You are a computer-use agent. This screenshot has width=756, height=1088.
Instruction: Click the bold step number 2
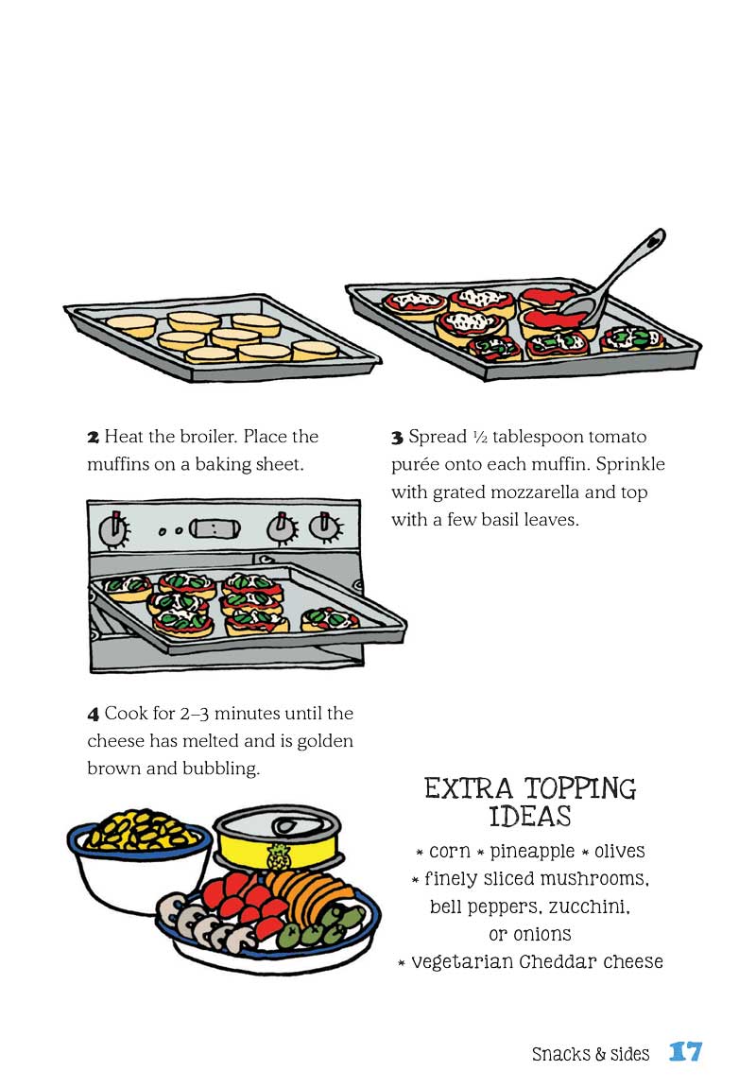coord(93,438)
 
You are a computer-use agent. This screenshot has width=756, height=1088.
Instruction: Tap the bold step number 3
coord(397,438)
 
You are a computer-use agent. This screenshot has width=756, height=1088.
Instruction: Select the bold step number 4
coord(93,714)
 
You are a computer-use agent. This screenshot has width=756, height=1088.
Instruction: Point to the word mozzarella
coord(544,492)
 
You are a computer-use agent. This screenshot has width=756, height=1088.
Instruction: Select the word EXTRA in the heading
coord(469,788)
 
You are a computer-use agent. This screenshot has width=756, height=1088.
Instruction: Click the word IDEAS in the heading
coord(530,816)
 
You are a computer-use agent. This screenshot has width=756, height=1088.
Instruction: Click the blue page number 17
coord(686,1052)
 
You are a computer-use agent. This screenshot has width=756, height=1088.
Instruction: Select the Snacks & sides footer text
coord(591,1053)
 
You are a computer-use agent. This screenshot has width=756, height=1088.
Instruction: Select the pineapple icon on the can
coord(281,860)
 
